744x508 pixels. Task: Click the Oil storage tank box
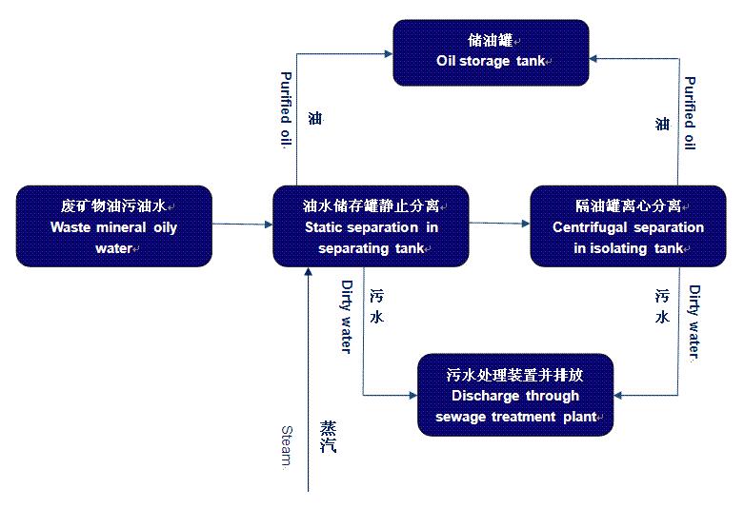(493, 51)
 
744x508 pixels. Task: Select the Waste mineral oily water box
(114, 225)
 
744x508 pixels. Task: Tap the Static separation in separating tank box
(371, 225)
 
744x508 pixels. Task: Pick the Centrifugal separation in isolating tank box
(628, 225)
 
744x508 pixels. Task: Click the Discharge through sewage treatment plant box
(515, 395)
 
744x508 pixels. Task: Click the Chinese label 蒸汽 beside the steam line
(328, 435)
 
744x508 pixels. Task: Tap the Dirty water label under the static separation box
(346, 316)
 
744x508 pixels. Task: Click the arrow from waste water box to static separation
(242, 225)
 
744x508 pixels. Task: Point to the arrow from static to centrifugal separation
(499, 225)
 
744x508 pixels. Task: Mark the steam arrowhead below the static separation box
(308, 273)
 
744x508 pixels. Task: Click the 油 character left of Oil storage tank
(315, 119)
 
